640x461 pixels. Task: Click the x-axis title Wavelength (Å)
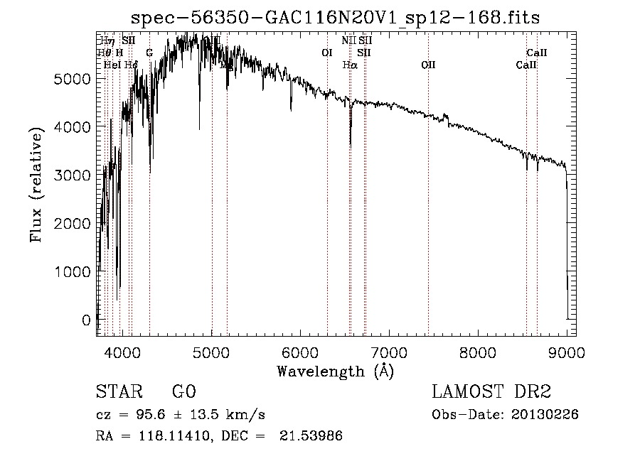point(335,371)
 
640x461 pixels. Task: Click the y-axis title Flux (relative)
point(36,184)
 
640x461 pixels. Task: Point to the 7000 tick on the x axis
point(389,352)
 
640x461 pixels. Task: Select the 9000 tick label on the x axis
point(567,352)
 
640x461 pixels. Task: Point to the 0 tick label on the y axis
point(86,320)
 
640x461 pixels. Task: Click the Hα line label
point(350,65)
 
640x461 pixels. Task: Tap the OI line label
point(327,53)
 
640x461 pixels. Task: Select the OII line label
point(428,65)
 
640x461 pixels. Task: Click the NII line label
point(348,40)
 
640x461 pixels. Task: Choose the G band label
point(149,53)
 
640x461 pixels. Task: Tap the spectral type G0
point(183,393)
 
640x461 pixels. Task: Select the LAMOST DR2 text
point(491,393)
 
